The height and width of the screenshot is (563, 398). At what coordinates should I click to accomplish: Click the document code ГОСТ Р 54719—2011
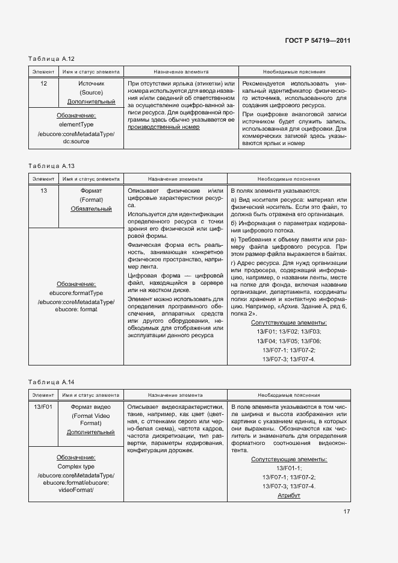point(317,41)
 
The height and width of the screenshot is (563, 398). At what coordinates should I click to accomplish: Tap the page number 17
point(347,512)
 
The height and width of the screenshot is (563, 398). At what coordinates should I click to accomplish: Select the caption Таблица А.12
point(51,59)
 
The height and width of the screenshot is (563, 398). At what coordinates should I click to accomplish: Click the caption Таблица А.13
point(51,166)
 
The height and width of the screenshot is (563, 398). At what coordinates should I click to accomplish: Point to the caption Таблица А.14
point(51,382)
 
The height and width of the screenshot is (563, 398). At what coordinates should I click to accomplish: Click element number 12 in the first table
point(43,83)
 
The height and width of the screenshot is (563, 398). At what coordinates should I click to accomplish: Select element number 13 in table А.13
point(43,190)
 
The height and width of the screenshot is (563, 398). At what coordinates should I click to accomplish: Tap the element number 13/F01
point(43,408)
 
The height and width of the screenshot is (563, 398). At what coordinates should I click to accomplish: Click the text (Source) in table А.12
point(91,93)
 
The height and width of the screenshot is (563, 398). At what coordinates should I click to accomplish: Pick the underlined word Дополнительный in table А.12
point(91,102)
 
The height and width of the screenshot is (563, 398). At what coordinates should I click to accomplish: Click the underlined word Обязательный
point(91,209)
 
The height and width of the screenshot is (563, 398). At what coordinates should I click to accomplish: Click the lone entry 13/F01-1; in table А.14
point(288,468)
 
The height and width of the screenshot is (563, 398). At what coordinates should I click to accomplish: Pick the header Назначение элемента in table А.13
point(175,179)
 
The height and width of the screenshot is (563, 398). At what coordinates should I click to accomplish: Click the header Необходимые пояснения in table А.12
point(294,71)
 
